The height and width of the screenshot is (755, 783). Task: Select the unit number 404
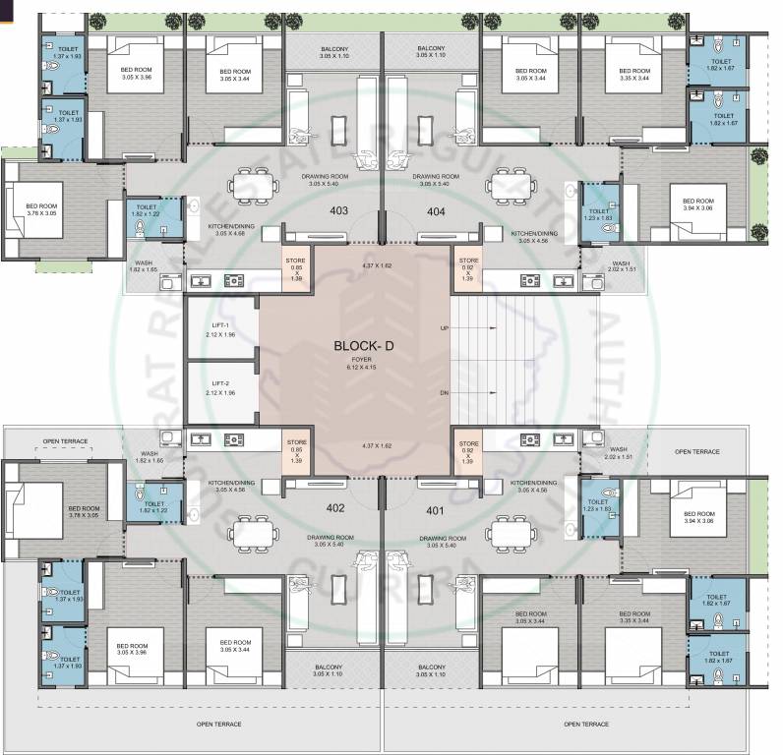coord(436,210)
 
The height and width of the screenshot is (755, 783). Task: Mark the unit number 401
coord(436,510)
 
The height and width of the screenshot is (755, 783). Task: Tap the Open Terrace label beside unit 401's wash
coord(696,452)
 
